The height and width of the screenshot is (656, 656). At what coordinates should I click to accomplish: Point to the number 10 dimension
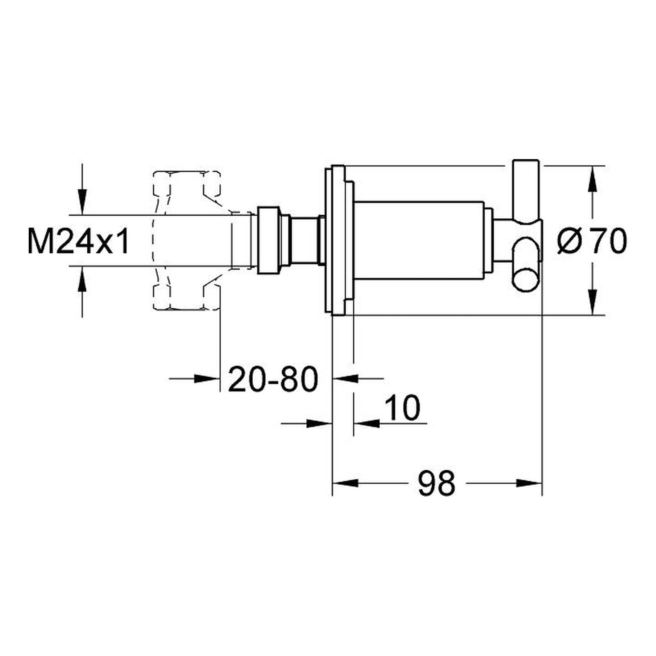(403, 408)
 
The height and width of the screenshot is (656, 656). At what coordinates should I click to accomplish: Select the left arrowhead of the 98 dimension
(345, 483)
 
